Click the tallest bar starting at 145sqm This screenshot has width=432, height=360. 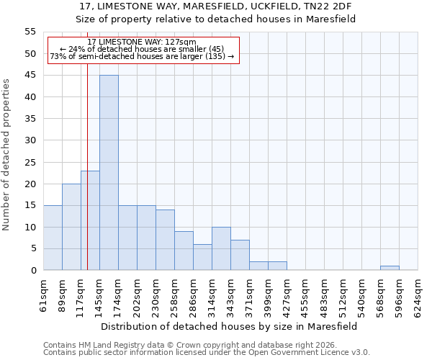tap(109, 173)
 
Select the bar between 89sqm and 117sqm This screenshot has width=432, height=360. tap(71, 227)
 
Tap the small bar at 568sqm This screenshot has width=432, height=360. tap(390, 268)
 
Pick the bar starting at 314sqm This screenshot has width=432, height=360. tap(221, 248)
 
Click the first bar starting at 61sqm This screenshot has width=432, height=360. tap(53, 238)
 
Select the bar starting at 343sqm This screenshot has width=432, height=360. tap(240, 255)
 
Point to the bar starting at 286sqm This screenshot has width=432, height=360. tap(202, 257)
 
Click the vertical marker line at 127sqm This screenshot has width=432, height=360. tap(87, 180)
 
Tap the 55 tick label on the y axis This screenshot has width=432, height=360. tap(30, 32)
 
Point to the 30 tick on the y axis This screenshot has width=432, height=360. tap(30, 140)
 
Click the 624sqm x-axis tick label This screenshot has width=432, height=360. tap(418, 295)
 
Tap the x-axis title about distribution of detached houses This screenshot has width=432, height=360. tap(228, 326)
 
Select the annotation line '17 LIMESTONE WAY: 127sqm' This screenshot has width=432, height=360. tap(141, 42)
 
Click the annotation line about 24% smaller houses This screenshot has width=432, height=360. tap(141, 49)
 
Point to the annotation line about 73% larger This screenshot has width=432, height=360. tap(141, 56)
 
